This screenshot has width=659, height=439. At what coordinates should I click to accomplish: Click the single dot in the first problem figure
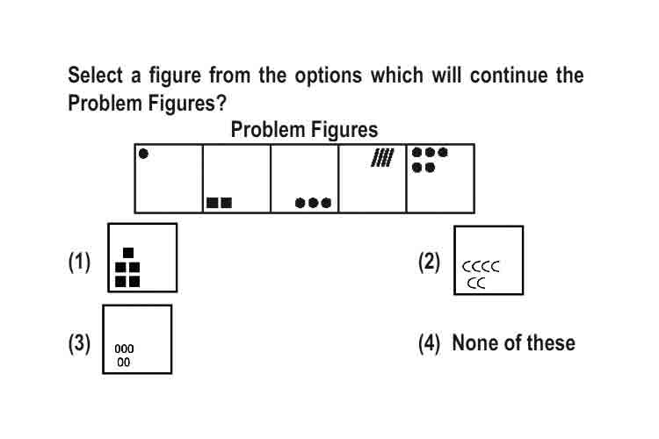tap(143, 154)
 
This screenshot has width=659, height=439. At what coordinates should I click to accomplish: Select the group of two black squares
tap(219, 203)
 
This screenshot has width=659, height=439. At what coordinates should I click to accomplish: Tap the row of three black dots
tap(313, 203)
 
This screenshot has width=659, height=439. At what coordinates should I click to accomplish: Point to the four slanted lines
tap(382, 157)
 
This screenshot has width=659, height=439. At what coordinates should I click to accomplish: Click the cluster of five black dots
tap(430, 160)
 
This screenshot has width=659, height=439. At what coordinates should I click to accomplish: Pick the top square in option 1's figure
tap(128, 253)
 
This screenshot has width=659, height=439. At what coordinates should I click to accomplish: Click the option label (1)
tap(79, 263)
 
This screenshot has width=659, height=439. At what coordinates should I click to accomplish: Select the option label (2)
tap(429, 263)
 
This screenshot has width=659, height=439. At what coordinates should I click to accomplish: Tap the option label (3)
tap(79, 343)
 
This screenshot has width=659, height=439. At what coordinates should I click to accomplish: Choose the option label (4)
tap(429, 343)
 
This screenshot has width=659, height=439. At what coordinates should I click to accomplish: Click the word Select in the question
tap(95, 76)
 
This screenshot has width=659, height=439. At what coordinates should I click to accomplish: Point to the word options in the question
tap(328, 76)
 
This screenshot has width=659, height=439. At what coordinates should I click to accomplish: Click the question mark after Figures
tap(221, 104)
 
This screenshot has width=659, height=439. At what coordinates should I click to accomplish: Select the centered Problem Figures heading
tap(304, 130)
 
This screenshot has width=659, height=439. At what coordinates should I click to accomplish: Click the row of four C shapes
tap(481, 266)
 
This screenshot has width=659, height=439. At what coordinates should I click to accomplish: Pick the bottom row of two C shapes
tap(476, 284)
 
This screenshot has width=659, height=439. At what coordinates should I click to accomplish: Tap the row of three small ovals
tap(124, 349)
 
